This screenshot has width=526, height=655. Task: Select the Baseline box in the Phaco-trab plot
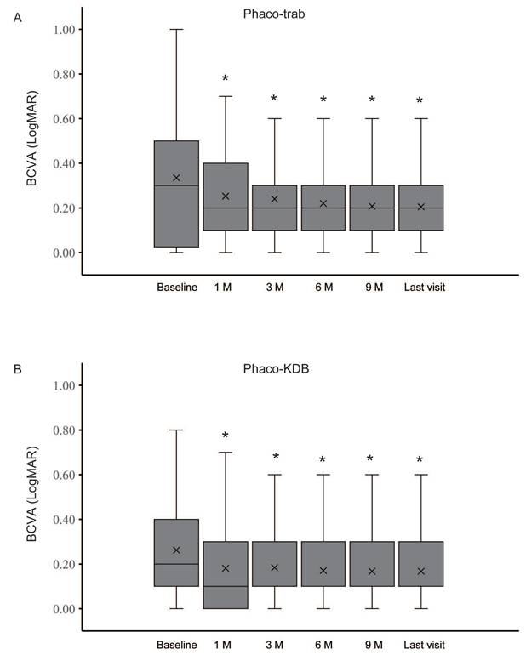click(x=176, y=194)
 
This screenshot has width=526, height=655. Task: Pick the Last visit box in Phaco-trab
click(x=420, y=208)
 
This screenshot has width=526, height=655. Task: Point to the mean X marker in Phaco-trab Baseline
click(x=176, y=178)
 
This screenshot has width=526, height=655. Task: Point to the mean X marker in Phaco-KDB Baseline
click(x=176, y=550)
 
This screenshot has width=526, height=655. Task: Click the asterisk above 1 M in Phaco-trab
click(x=225, y=80)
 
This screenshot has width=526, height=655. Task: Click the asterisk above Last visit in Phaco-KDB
click(x=420, y=461)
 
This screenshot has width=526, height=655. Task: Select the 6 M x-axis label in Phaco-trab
click(x=323, y=288)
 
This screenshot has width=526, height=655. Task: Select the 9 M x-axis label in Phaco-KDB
click(x=371, y=643)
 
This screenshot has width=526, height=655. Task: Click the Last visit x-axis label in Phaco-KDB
click(x=424, y=643)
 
